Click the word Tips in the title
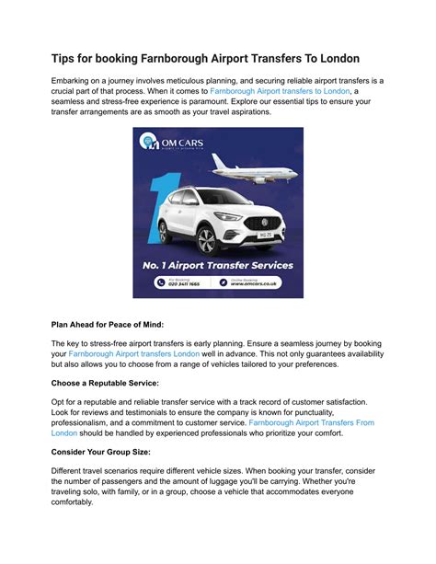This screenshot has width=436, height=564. [x=67, y=58]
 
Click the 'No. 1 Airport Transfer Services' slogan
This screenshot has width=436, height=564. [x=217, y=265]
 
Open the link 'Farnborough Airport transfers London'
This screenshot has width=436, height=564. [x=133, y=353]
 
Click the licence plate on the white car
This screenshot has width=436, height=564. [x=267, y=235]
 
